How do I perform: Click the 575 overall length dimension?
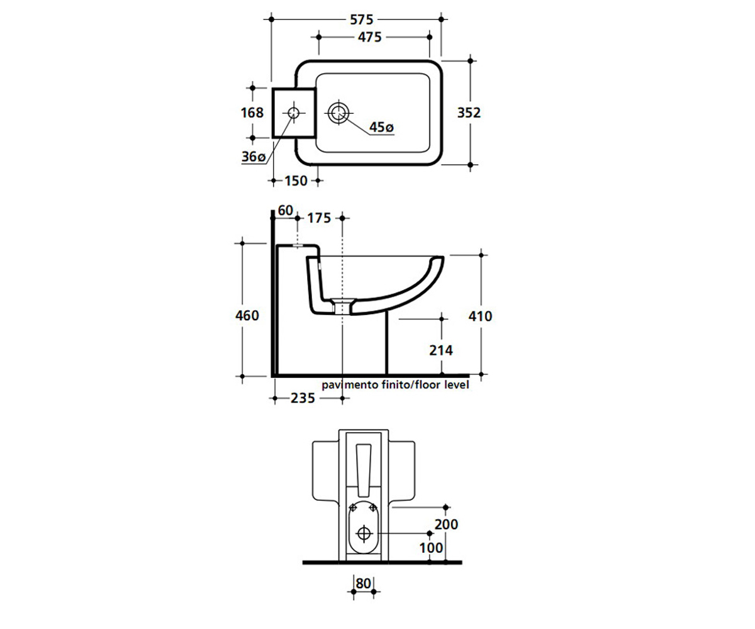point(361,19)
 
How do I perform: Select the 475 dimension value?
point(369,37)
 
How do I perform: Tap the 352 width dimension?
point(469,113)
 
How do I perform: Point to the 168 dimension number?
point(252,113)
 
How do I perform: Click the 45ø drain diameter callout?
point(381,127)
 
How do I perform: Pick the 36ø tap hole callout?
point(254,157)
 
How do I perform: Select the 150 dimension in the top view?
point(296,181)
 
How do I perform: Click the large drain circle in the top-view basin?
point(338,113)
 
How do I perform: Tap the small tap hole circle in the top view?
point(294,113)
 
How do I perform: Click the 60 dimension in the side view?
point(285,210)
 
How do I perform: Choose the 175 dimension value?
point(319,218)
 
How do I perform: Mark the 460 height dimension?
point(247,316)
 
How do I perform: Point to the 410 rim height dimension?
point(480,316)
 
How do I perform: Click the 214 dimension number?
point(441,350)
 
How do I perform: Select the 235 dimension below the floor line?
point(303,398)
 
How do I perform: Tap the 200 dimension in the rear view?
point(446,524)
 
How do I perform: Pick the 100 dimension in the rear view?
point(431,548)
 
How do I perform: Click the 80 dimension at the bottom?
point(364,583)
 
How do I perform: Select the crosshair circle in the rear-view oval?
point(364,533)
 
